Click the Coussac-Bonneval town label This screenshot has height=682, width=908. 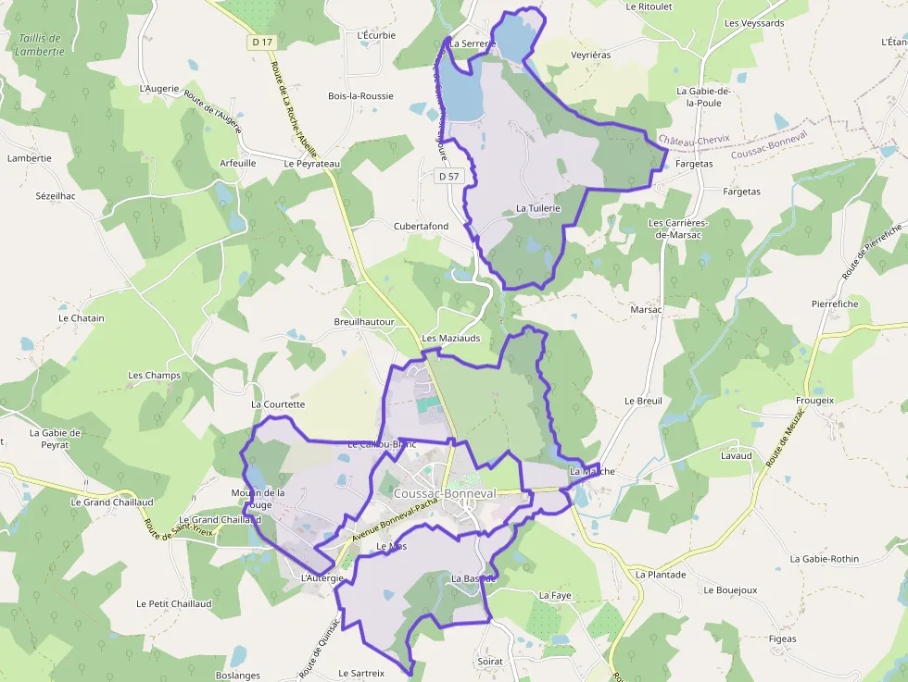tap(445, 493)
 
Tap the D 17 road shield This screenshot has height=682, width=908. tap(262, 42)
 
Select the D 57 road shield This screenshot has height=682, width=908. tap(448, 176)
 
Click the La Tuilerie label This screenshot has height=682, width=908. tap(538, 209)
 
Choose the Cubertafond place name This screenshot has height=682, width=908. tap(421, 226)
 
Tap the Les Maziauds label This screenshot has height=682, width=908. tap(451, 339)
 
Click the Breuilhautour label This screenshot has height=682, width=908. tap(364, 322)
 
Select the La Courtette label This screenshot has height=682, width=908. tap(278, 404)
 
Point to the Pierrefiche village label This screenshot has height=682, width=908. tap(835, 304)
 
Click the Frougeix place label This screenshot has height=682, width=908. tap(814, 401)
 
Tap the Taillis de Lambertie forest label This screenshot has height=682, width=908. tap(40, 44)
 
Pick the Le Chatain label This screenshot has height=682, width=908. tap(82, 318)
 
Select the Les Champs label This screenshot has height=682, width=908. tap(155, 376)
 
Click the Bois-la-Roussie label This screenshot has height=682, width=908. tap(360, 95)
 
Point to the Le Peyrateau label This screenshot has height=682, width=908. tap(312, 163)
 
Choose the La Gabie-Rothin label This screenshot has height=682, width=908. tap(824, 559)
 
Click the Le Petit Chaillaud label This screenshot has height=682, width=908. tap(174, 603)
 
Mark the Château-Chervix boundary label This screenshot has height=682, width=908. tap(694, 140)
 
